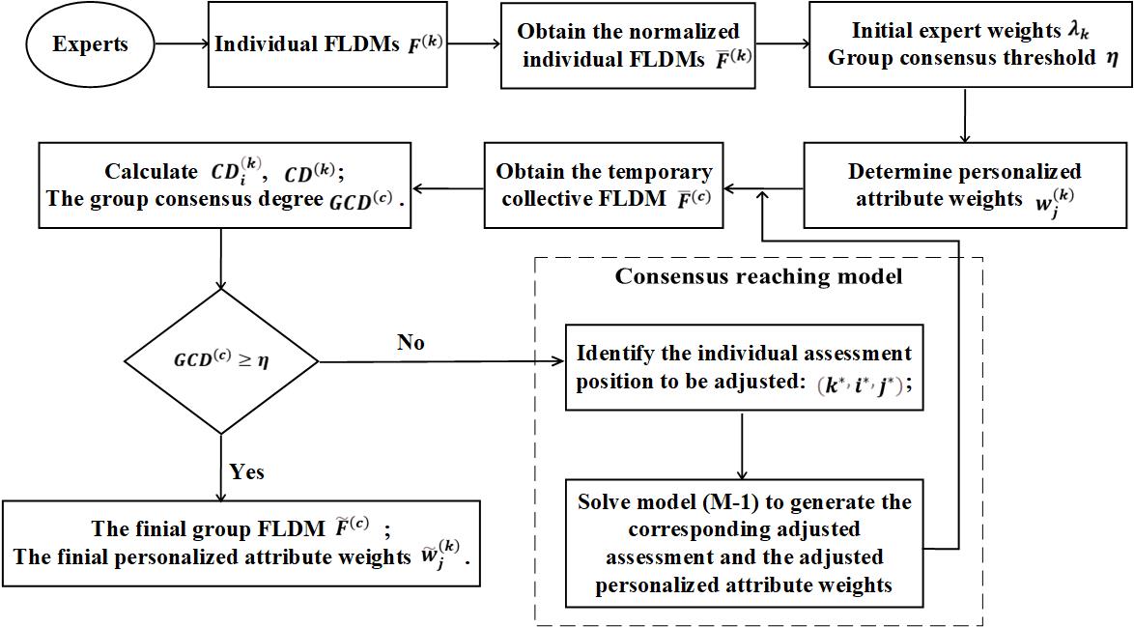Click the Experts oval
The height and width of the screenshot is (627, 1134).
tap(90, 44)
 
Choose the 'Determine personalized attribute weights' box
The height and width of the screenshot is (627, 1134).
tap(965, 185)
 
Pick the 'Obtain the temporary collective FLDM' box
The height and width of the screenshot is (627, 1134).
tap(604, 185)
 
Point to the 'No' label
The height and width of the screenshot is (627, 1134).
tap(411, 343)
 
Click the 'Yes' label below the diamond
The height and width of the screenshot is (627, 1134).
tap(247, 472)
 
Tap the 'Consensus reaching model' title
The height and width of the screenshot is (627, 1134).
tap(759, 277)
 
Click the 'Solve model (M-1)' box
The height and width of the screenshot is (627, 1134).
tap(744, 544)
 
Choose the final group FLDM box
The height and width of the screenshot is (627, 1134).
tap(241, 543)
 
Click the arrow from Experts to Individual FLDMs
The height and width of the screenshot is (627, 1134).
tap(179, 44)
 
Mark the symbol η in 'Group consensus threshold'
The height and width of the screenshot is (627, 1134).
tap(1111, 58)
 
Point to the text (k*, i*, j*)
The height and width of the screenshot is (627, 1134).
tap(859, 383)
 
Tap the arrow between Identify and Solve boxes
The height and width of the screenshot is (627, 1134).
tap(742, 445)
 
